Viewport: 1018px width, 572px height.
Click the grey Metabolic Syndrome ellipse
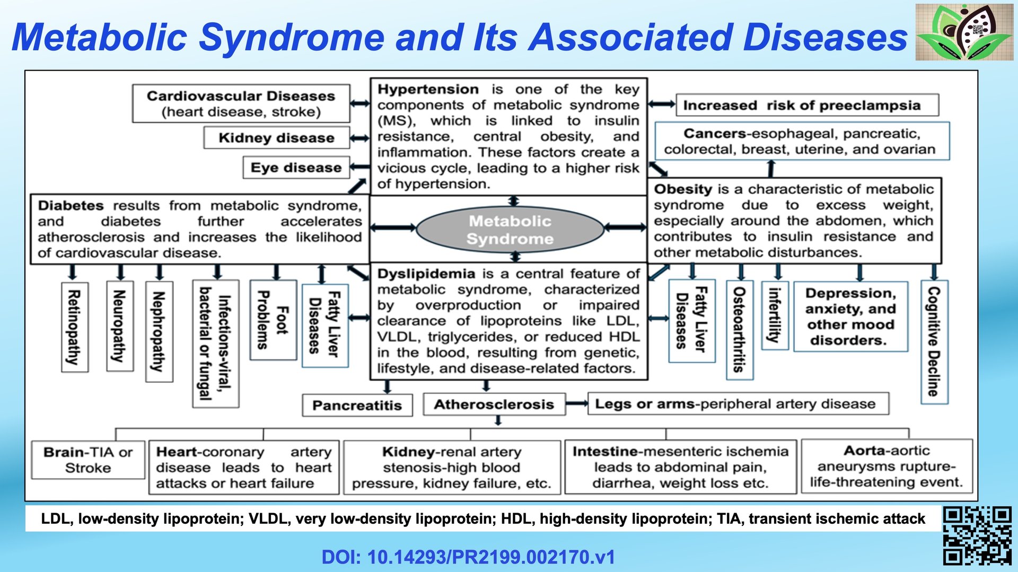pyautogui.click(x=510, y=229)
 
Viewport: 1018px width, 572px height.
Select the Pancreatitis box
pyautogui.click(x=357, y=406)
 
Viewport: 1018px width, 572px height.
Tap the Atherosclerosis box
pyautogui.click(x=494, y=404)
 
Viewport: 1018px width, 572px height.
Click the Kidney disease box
pyautogui.click(x=276, y=138)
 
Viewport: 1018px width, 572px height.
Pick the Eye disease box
pyautogui.click(x=296, y=168)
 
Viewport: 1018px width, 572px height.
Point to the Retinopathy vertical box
pyautogui.click(x=74, y=327)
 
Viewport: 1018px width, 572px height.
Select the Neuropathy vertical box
pyautogui.click(x=119, y=326)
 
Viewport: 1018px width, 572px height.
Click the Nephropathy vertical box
pyautogui.click(x=159, y=331)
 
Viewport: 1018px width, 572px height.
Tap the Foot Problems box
pyautogui.click(x=273, y=320)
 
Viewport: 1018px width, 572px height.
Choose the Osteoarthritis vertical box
pyautogui.click(x=739, y=329)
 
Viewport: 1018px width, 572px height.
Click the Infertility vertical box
pyautogui.click(x=774, y=315)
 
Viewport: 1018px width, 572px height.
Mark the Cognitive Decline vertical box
pyautogui.click(x=934, y=341)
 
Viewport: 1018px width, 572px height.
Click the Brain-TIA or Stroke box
pyautogui.click(x=88, y=460)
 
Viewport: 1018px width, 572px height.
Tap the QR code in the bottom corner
pyautogui.click(x=977, y=535)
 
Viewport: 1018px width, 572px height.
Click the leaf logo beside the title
pyautogui.click(x=964, y=32)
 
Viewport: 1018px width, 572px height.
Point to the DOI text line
pyautogui.click(x=468, y=557)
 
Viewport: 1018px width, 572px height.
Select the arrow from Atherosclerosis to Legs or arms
pyautogui.click(x=576, y=404)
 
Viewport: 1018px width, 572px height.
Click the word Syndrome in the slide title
pyautogui.click(x=291, y=38)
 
